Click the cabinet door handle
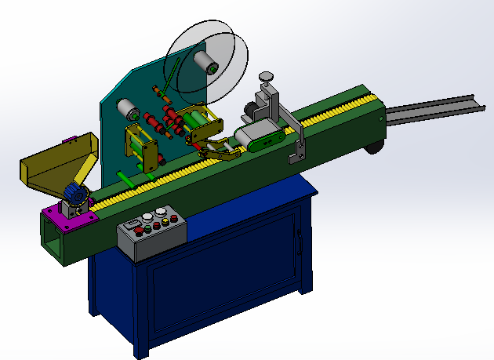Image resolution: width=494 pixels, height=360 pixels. pyautogui.click(x=298, y=242)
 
